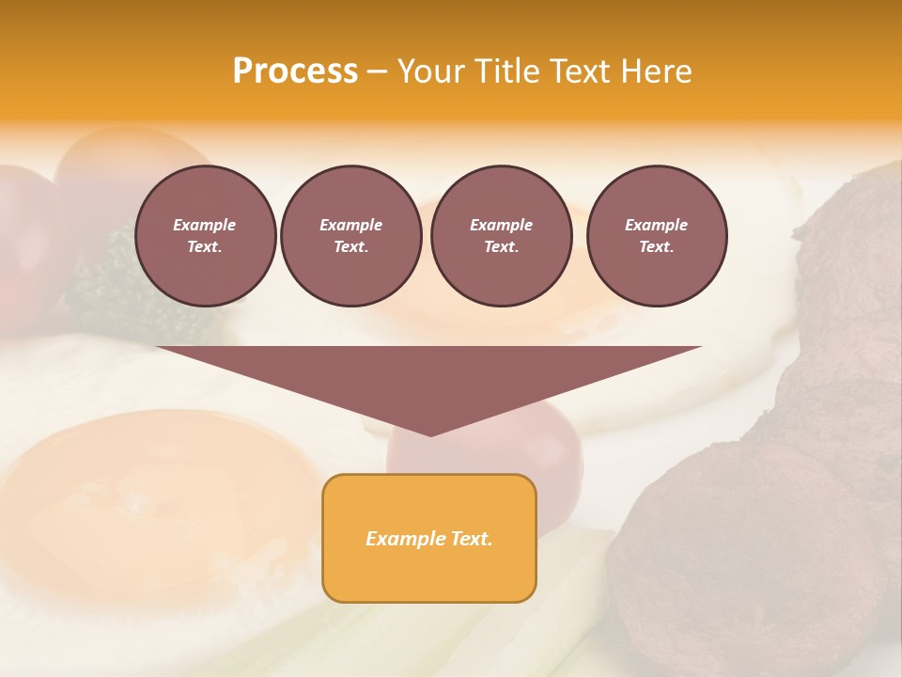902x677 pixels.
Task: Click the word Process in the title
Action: (x=295, y=71)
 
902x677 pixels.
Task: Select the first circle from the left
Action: (x=205, y=236)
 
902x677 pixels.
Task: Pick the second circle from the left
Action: (x=350, y=236)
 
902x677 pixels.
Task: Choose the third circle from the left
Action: (x=501, y=236)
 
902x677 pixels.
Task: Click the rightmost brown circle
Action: (x=657, y=236)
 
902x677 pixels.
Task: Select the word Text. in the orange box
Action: (x=471, y=539)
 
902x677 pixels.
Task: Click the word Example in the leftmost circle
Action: (x=205, y=225)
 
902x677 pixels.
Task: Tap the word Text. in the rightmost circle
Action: (x=657, y=247)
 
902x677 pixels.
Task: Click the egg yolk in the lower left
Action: (x=141, y=498)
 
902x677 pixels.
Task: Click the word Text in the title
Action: (x=581, y=71)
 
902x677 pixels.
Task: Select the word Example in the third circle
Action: (x=501, y=225)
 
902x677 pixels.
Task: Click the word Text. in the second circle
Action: (x=350, y=247)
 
